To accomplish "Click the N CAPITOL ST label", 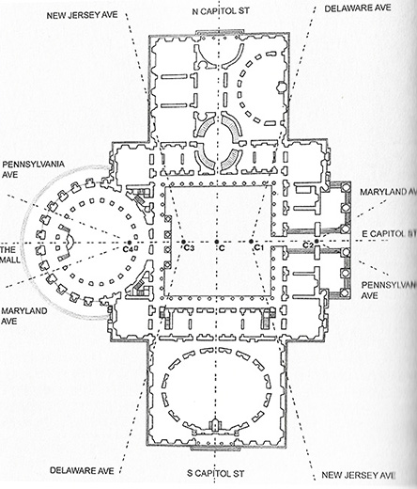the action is [x=221, y=11].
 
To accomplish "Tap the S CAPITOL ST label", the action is [x=216, y=473].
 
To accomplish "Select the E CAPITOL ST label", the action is [x=389, y=234].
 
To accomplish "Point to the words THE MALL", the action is [x=10, y=255].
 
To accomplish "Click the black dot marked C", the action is [x=216, y=242].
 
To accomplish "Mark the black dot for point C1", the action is [x=251, y=242].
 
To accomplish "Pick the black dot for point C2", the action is [x=317, y=241].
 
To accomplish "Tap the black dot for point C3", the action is [x=183, y=242].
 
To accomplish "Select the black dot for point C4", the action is [x=130, y=243].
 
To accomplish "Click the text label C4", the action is [x=128, y=249].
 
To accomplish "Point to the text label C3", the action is [x=189, y=248].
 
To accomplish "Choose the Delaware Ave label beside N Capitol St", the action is [x=358, y=8].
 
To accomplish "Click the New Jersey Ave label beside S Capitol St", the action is [x=359, y=475].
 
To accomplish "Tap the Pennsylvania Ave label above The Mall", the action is [x=33, y=169].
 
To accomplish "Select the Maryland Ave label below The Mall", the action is [x=24, y=316].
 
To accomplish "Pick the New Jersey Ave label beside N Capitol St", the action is [x=83, y=15].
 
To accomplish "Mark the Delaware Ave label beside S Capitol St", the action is [x=82, y=470].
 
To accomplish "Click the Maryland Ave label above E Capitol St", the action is [x=389, y=192].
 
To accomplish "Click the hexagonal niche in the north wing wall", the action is [x=281, y=87].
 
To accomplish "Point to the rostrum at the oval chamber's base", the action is [x=215, y=426].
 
